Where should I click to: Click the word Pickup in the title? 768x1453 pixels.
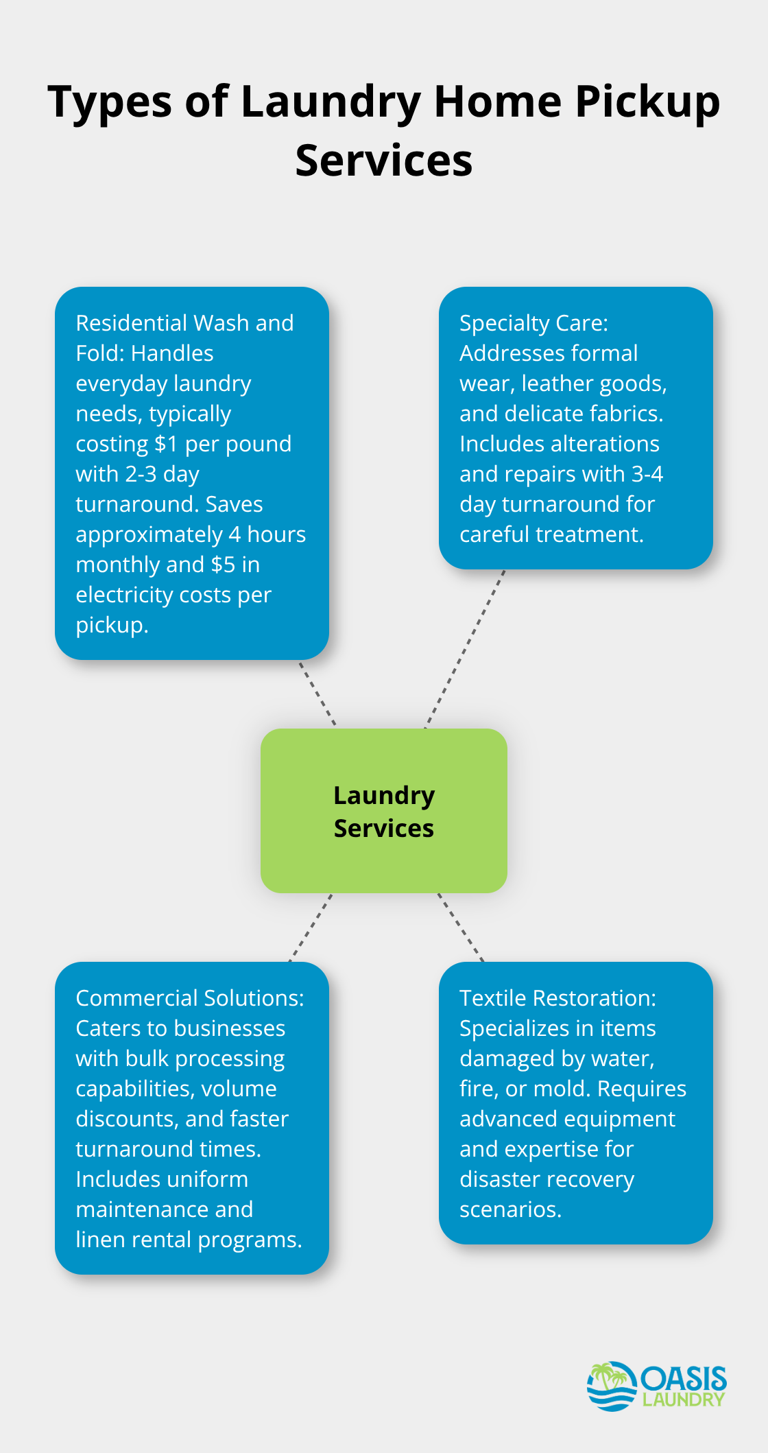pos(647,103)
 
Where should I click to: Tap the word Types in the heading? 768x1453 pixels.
pos(110,103)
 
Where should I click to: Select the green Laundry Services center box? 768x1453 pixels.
pos(383,810)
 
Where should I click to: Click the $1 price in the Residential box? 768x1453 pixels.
pos(166,444)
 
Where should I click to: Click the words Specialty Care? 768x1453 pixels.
pos(533,323)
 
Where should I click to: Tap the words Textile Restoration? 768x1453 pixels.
pos(557,998)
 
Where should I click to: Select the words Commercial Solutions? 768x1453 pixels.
pos(189,998)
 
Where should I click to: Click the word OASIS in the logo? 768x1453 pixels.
pos(683,1378)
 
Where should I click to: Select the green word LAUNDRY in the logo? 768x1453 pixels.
pos(683,1399)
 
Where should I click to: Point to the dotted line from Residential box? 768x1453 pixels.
pos(317,693)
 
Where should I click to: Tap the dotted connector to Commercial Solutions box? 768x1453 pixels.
pos(311,928)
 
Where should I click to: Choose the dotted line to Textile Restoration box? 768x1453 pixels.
pos(461,928)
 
